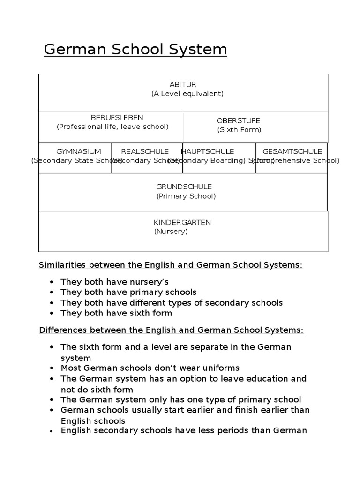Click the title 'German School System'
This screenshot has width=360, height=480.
click(135, 49)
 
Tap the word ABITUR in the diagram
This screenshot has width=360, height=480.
click(183, 84)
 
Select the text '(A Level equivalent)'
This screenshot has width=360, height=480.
click(187, 93)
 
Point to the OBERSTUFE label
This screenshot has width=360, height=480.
click(239, 121)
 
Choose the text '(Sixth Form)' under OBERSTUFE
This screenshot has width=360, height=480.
click(239, 130)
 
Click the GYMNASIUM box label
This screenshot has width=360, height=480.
click(79, 151)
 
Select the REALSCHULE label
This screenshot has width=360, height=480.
click(145, 151)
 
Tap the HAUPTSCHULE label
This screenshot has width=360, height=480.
click(208, 151)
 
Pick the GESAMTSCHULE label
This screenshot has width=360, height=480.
click(292, 151)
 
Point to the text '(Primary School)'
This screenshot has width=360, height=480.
click(186, 196)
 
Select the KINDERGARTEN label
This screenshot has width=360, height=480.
click(182, 222)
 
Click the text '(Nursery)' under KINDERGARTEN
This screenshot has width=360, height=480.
click(171, 232)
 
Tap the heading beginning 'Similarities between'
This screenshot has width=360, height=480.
click(171, 265)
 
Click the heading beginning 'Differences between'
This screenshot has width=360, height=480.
click(171, 330)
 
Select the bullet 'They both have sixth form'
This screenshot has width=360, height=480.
click(116, 313)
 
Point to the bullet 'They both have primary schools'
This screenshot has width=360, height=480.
click(128, 292)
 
